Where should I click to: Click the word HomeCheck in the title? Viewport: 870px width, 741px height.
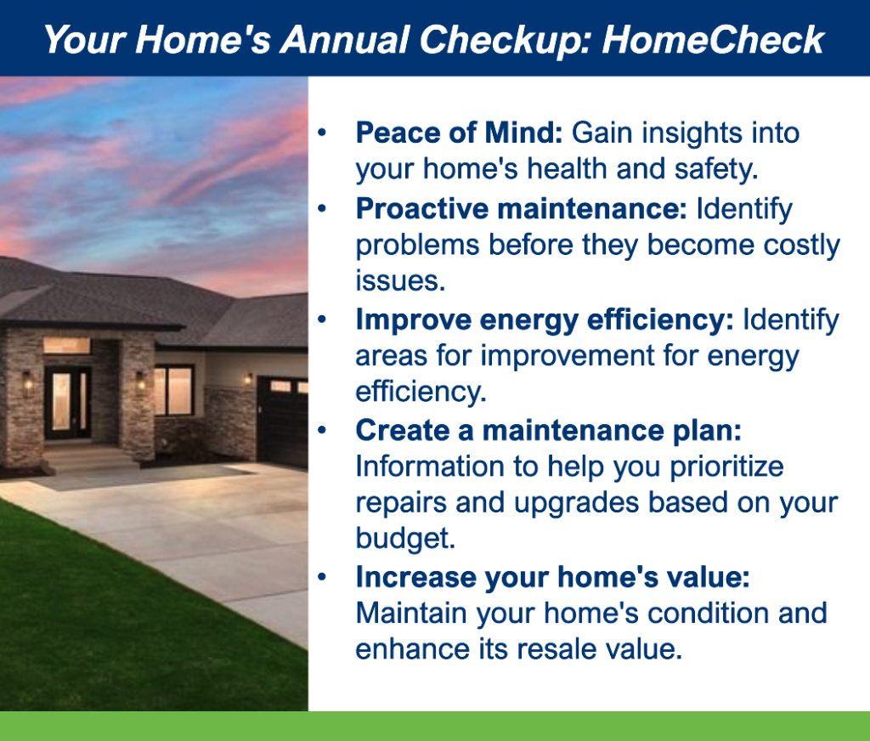click(713, 40)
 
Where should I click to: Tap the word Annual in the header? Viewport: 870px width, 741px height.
click(345, 40)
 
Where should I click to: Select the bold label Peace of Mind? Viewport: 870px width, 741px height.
click(460, 133)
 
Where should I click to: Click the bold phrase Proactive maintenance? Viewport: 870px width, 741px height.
click(522, 209)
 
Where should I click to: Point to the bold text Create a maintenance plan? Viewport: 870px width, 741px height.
click(549, 430)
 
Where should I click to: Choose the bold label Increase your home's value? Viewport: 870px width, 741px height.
click(552, 577)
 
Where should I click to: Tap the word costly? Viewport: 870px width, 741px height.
click(802, 246)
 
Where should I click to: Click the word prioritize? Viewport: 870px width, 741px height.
click(727, 467)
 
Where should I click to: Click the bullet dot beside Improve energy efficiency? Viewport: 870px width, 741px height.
click(322, 320)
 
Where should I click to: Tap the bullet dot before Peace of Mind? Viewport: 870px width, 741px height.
click(322, 133)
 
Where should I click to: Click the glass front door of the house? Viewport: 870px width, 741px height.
click(68, 402)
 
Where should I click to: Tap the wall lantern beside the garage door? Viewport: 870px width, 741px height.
click(248, 380)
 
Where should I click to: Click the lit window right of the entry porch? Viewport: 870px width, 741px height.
click(174, 391)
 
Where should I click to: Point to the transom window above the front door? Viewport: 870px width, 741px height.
click(67, 346)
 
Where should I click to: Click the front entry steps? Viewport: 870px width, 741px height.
click(88, 457)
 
